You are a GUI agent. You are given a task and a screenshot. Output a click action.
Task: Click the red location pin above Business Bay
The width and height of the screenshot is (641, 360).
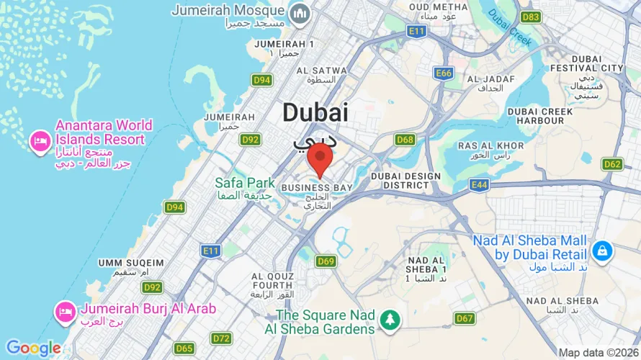(x=320, y=158)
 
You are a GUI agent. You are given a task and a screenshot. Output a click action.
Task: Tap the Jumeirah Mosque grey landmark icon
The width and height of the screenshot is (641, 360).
(x=299, y=13)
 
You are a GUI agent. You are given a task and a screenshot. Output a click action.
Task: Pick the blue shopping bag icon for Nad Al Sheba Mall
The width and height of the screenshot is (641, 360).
(x=601, y=251)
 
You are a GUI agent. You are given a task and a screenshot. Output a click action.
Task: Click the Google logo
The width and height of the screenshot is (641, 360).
(x=33, y=348)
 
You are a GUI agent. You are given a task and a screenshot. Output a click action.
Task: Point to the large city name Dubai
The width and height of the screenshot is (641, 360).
(x=315, y=112)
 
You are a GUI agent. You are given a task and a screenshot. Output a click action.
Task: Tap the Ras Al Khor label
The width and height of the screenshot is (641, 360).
(x=484, y=145)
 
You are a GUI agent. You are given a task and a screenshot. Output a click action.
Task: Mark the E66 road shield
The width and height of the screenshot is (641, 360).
(x=443, y=73)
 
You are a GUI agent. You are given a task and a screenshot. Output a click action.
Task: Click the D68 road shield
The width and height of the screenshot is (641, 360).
(x=405, y=140)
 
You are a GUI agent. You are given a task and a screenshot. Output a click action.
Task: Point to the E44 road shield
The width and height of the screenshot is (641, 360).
(x=479, y=185)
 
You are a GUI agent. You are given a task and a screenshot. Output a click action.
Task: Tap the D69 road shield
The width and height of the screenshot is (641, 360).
(x=326, y=261)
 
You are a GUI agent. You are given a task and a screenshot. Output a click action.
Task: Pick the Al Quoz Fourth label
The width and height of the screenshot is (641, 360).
(x=272, y=281)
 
